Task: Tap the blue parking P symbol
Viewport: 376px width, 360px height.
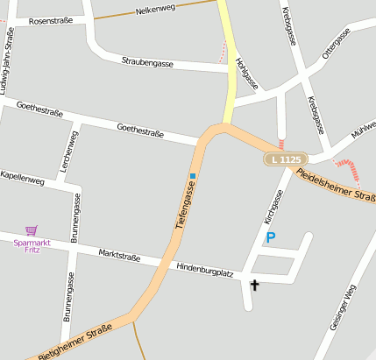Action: coord(271,237)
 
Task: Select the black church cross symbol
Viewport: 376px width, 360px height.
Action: coord(255,285)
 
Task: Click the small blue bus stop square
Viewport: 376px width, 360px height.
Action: coord(193,176)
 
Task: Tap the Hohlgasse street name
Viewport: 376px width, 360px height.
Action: coord(246,74)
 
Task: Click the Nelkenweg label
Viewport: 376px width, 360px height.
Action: coord(156,11)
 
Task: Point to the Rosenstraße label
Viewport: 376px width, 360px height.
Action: coord(50,20)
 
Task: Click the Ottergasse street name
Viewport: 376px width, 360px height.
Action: coord(336,41)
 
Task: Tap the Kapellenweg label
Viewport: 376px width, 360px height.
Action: coord(22,178)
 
